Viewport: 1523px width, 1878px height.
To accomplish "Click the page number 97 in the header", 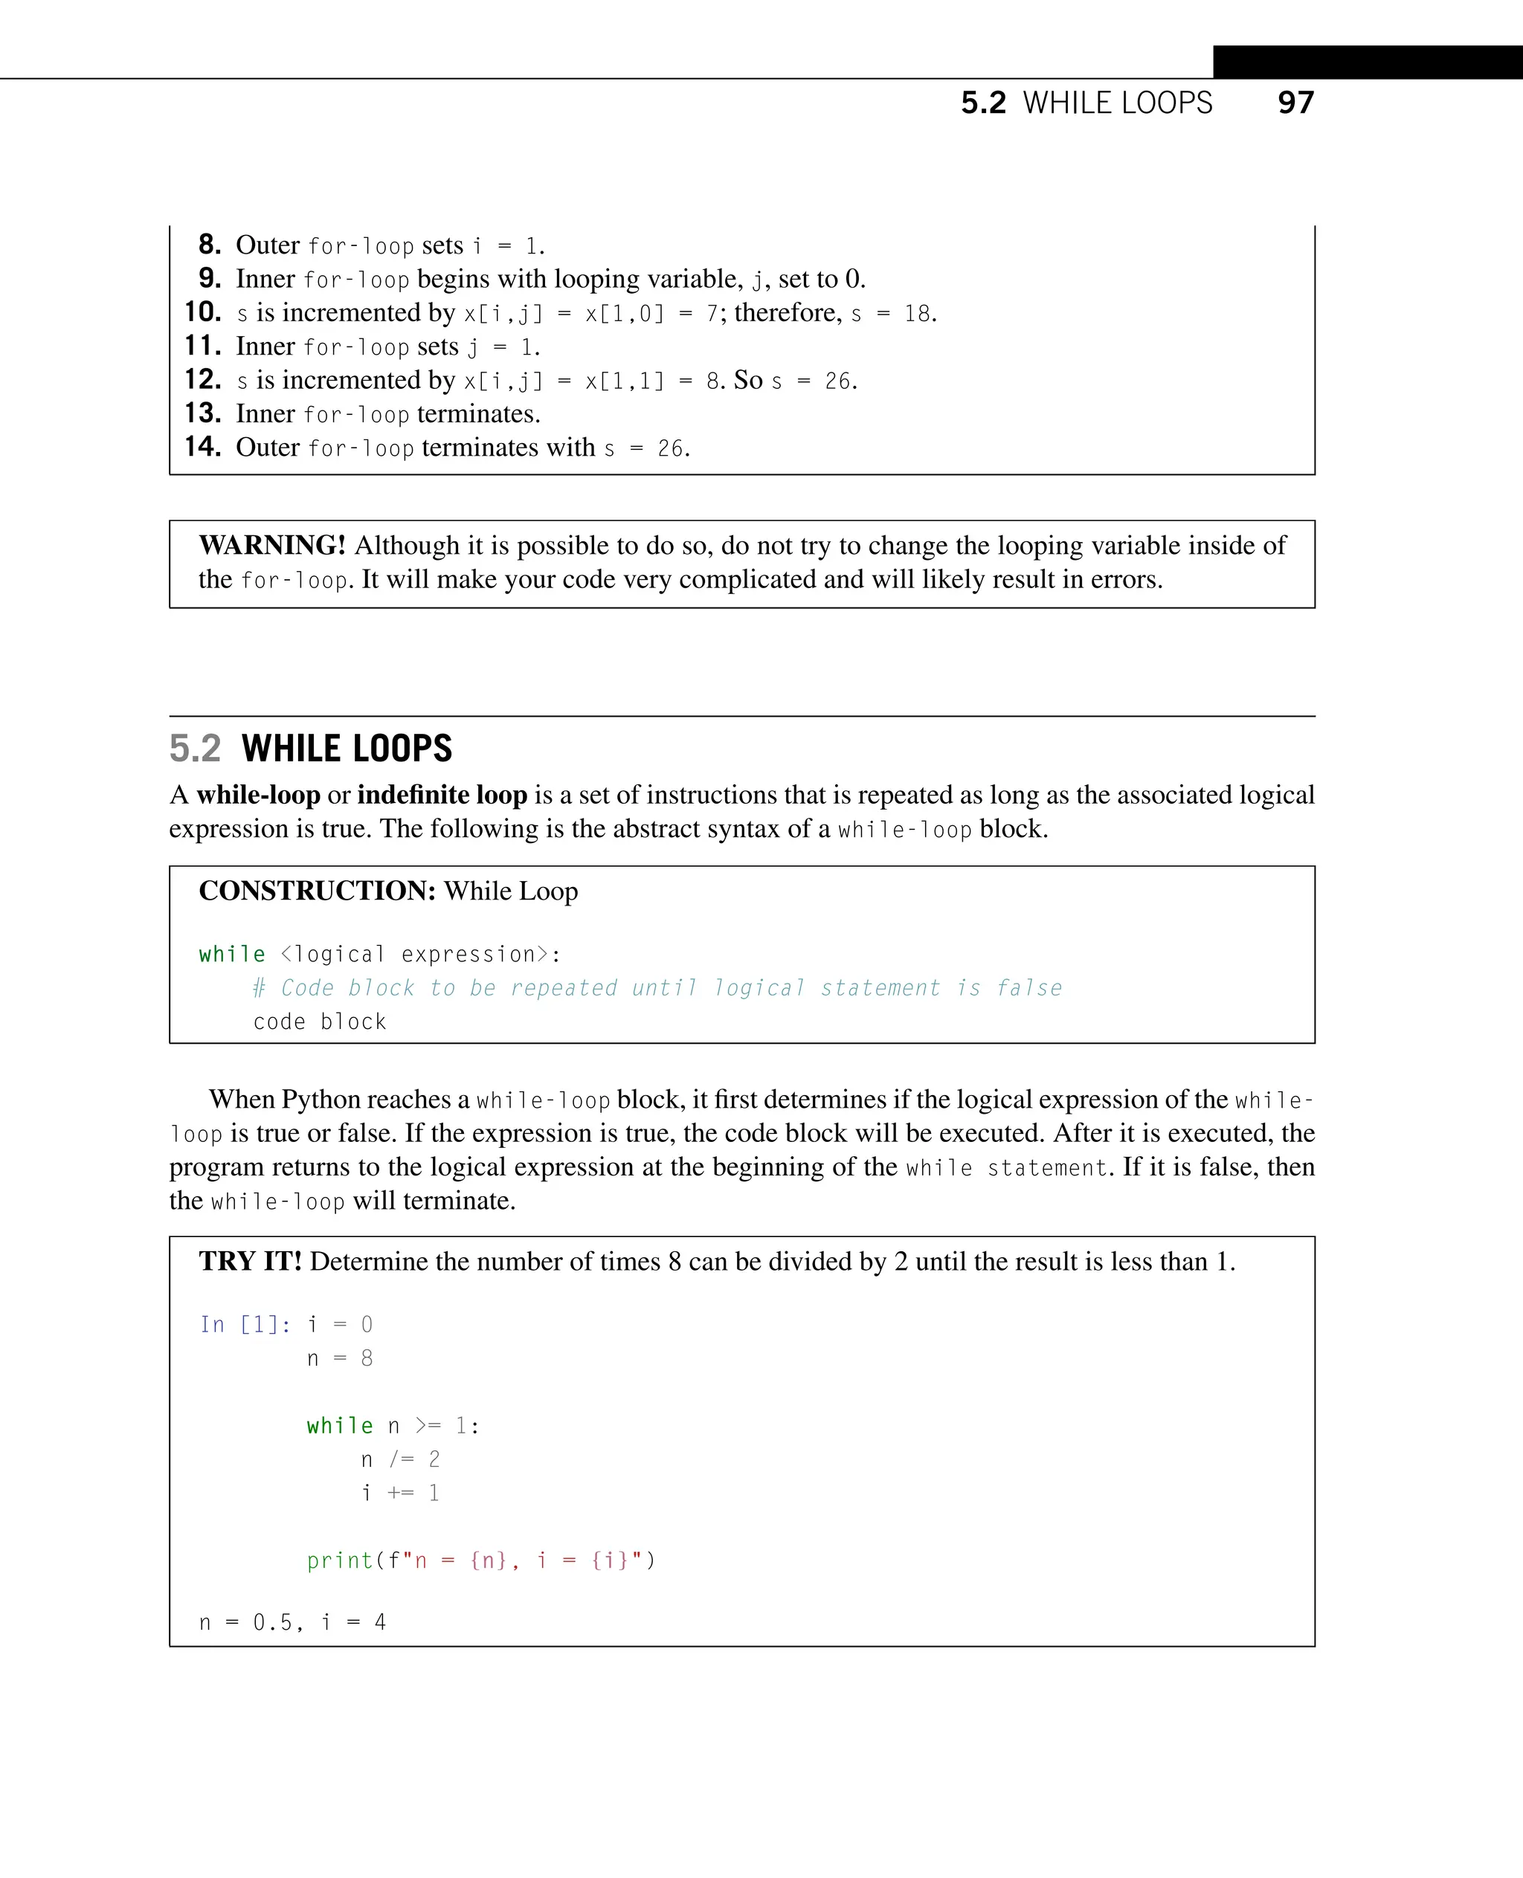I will point(1295,103).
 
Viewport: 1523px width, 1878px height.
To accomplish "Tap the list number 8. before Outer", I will point(209,244).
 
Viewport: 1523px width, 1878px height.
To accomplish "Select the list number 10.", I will point(203,312).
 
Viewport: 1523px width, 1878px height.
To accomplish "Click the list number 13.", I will point(203,413).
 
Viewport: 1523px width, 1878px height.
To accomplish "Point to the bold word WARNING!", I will point(272,545).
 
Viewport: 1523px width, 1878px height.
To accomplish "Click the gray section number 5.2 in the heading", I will point(195,748).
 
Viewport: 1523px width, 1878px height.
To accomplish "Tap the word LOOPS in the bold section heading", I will point(402,748).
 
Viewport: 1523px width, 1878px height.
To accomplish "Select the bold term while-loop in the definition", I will point(258,795).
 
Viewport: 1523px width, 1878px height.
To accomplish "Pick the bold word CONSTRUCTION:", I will point(317,891).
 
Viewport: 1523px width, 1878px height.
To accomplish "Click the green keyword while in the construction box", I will point(231,955).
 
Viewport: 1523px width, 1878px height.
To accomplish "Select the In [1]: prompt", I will point(245,1325).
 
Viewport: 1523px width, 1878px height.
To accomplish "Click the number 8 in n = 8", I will point(367,1358).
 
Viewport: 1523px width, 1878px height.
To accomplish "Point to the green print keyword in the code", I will point(340,1561).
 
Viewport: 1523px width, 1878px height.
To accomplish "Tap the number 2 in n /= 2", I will point(434,1459).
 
